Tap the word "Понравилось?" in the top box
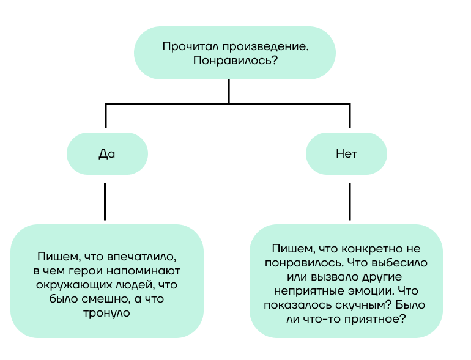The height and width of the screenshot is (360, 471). pyautogui.click(x=236, y=61)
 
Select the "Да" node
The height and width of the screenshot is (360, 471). pyautogui.click(x=107, y=154)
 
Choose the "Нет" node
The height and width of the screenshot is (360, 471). pyautogui.click(x=346, y=154)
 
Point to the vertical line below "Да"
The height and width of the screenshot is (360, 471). pyautogui.click(x=105, y=202)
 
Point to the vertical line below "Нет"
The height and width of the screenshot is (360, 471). pyautogui.click(x=350, y=202)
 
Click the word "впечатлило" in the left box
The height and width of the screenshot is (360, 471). pyautogui.click(x=141, y=257)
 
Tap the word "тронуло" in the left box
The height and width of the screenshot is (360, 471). pyautogui.click(x=106, y=313)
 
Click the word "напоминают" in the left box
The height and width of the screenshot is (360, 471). pyautogui.click(x=143, y=271)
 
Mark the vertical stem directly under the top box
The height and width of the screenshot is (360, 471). pyautogui.click(x=229, y=92)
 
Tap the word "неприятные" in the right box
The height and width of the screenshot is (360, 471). pyautogui.click(x=309, y=291)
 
